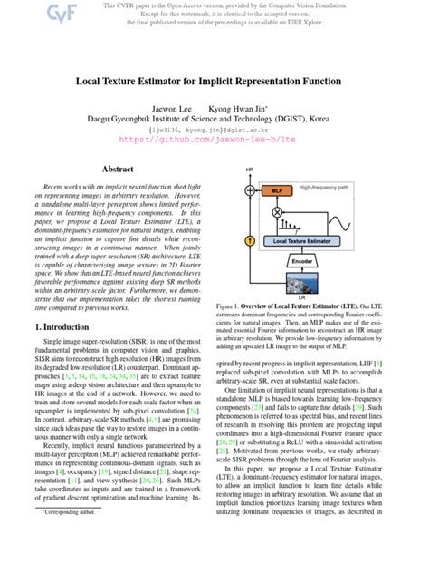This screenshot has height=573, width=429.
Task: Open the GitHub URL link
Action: (214, 141)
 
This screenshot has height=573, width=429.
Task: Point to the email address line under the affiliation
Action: (214, 130)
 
